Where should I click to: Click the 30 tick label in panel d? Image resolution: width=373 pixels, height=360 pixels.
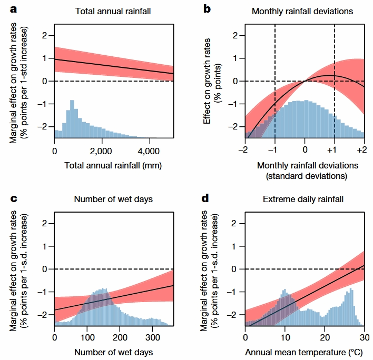(x=364, y=337)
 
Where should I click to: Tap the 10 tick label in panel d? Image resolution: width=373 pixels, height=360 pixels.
(x=285, y=337)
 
